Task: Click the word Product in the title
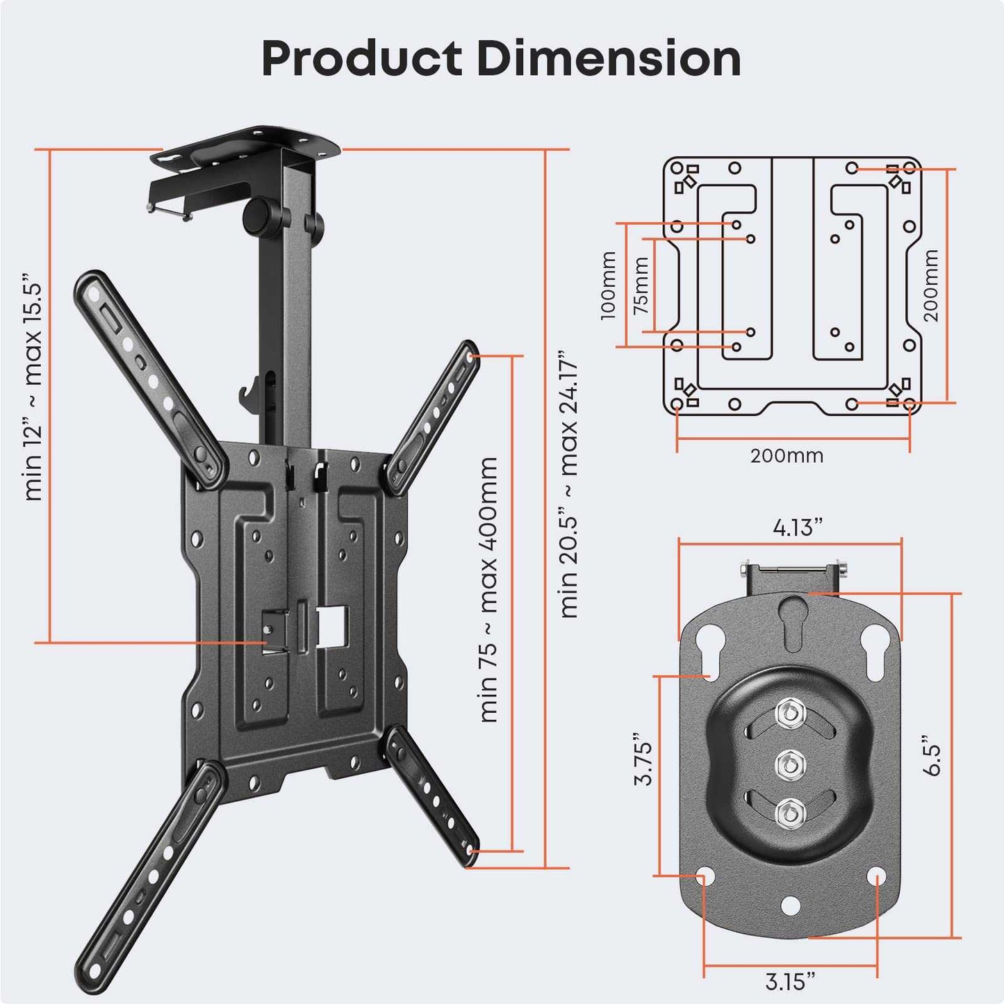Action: tap(361, 58)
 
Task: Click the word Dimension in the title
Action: tap(609, 58)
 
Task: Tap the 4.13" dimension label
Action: tap(797, 528)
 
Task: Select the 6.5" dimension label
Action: tap(931, 755)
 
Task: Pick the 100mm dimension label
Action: tap(608, 286)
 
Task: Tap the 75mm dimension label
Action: tap(641, 286)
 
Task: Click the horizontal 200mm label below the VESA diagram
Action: tap(787, 456)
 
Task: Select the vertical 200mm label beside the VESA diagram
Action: tap(930, 286)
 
